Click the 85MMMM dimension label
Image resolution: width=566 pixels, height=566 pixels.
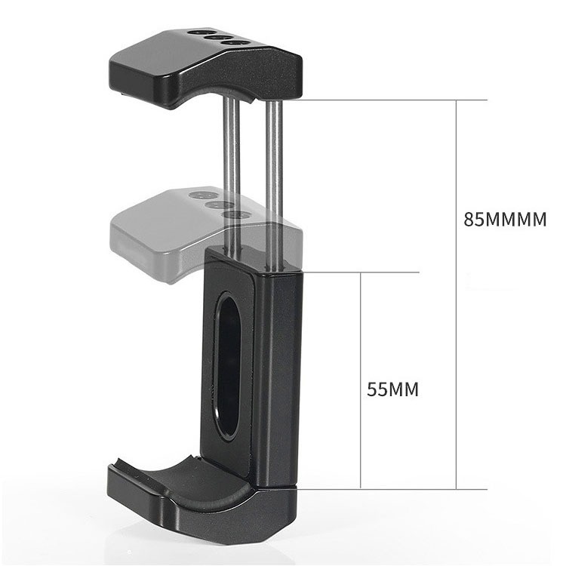pos(504,220)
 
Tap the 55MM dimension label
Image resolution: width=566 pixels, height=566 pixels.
pos(392,389)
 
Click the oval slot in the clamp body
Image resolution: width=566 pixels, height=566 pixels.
pos(227,365)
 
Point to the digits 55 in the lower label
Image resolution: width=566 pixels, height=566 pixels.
pos(377,389)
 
